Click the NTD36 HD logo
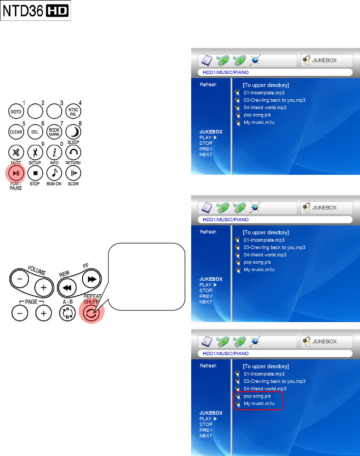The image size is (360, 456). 36,11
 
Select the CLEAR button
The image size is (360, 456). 16,132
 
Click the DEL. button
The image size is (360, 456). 35,132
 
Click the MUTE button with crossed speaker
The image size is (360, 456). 16,152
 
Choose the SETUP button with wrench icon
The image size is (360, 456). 35,152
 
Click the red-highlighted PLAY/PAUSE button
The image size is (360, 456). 16,173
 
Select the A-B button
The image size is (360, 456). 68,314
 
